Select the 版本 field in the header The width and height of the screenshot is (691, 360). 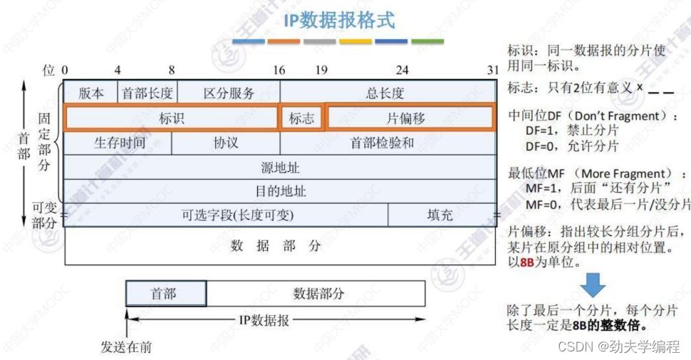tap(91, 93)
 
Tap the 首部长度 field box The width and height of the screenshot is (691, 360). tap(147, 93)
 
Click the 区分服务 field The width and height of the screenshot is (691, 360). tap(228, 93)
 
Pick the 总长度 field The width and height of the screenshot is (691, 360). tap(385, 93)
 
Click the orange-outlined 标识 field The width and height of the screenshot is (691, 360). tap(171, 118)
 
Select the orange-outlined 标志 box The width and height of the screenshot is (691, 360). tap(301, 118)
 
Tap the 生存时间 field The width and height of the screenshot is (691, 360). tap(119, 143)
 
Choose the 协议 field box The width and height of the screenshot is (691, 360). tap(226, 143)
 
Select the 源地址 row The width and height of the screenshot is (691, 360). tap(280, 168)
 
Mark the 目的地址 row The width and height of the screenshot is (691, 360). tap(280, 191)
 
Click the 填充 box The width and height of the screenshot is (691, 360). tap(440, 215)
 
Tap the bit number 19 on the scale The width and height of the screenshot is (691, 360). tap(322, 71)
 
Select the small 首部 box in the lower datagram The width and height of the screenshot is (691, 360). tap(166, 293)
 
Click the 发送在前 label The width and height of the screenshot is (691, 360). tap(127, 347)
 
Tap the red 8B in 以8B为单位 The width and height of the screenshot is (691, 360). tap(527, 261)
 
